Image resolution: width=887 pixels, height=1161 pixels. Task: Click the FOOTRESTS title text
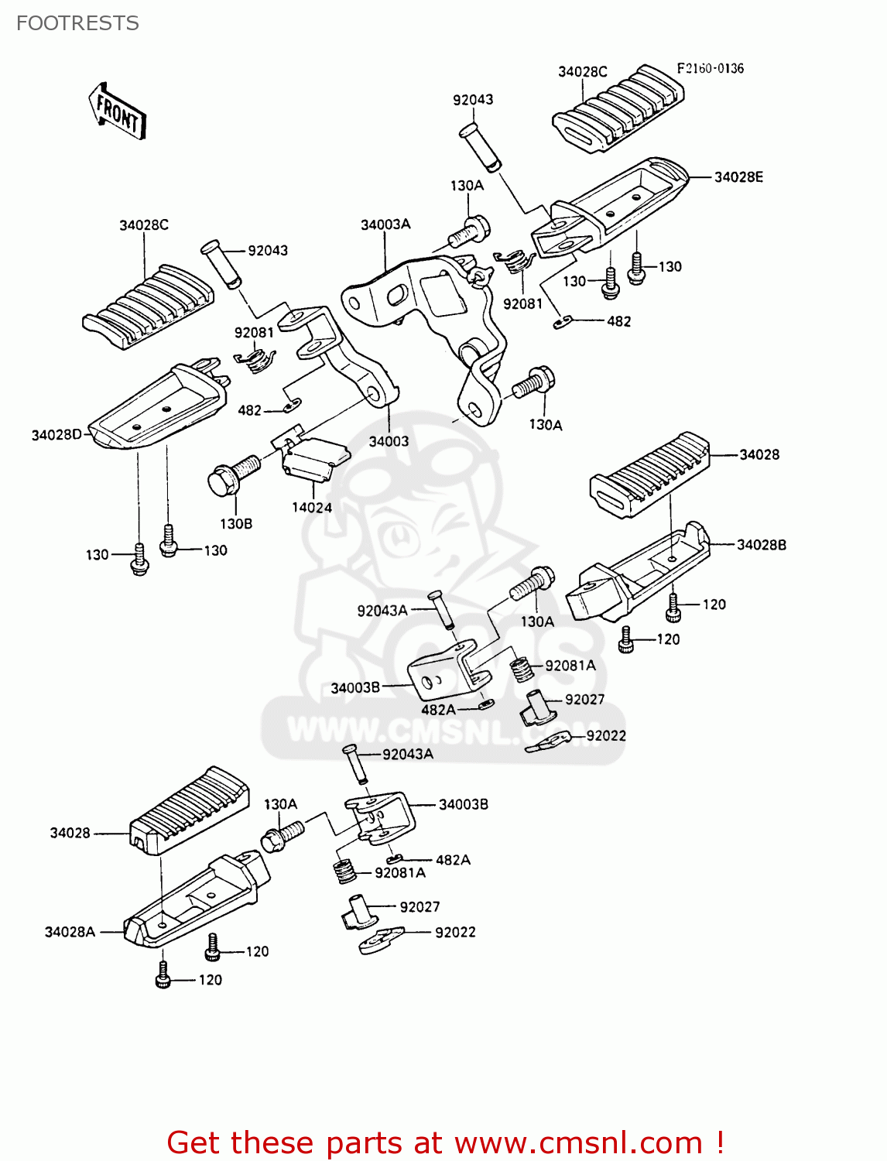tap(77, 23)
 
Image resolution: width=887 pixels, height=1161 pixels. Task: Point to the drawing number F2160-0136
tap(710, 68)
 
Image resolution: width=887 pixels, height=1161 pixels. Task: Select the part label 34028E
tap(738, 177)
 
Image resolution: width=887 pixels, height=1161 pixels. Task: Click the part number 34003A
tap(385, 224)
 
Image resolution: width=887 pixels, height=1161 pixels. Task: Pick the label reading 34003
tap(389, 441)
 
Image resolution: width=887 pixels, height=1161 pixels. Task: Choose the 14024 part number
tap(312, 508)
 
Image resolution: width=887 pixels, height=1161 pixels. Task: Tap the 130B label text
tap(236, 524)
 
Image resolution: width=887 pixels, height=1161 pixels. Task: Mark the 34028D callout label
tap(57, 435)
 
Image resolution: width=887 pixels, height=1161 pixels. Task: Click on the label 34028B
tap(762, 545)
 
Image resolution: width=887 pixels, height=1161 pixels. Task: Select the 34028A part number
tap(70, 932)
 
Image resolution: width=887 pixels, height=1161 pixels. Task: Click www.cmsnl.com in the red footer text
tap(577, 1142)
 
